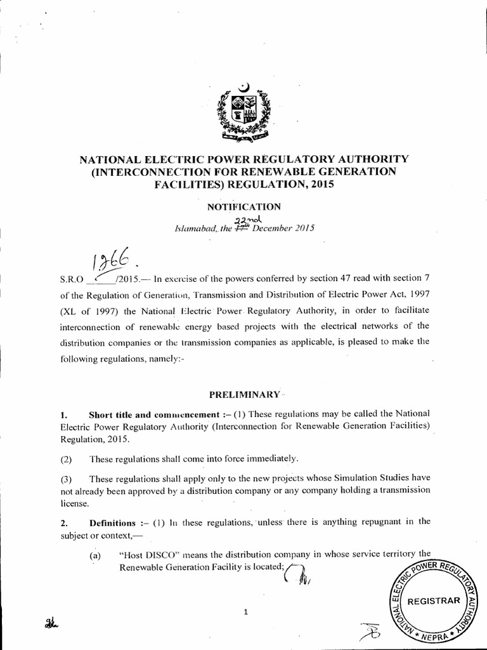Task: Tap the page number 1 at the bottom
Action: pos(245,612)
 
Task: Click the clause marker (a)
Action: pos(96,554)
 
